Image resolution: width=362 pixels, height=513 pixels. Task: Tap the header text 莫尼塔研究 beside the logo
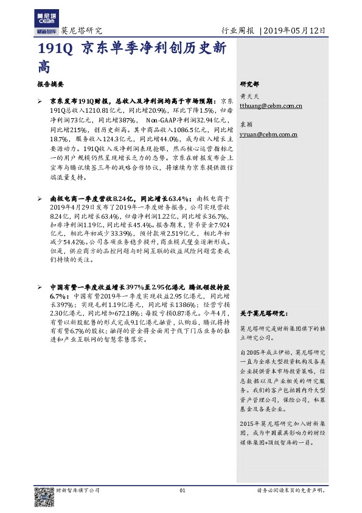click(x=82, y=30)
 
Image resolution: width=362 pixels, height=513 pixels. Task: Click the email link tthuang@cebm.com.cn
click(x=271, y=106)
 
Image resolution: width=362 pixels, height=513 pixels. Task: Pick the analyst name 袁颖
click(x=246, y=124)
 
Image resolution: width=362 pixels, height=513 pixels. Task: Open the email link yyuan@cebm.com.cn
click(x=268, y=134)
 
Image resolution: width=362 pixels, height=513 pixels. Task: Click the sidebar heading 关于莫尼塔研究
click(x=263, y=313)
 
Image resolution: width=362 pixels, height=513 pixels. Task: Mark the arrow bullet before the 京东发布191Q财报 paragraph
click(x=40, y=100)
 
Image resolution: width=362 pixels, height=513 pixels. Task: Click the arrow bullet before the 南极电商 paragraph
click(x=40, y=199)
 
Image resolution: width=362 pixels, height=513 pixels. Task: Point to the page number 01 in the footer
click(x=181, y=490)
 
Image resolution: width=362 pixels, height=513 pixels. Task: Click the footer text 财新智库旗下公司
click(x=78, y=490)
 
